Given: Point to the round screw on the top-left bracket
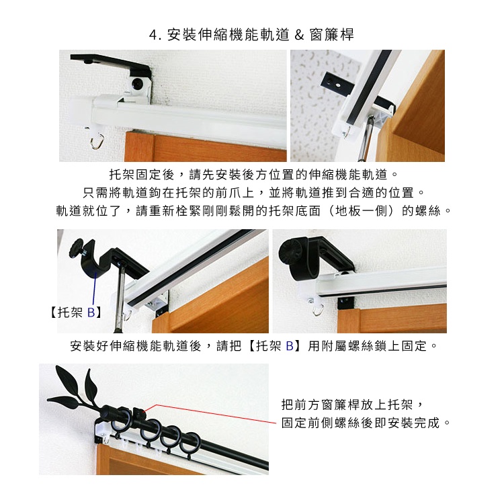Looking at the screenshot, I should pyautogui.click(x=137, y=85).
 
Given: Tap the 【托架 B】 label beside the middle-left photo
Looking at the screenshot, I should pyautogui.click(x=76, y=312).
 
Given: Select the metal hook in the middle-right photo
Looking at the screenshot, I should pyautogui.click(x=317, y=310).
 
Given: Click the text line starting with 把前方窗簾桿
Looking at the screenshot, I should pyautogui.click(x=353, y=405).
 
